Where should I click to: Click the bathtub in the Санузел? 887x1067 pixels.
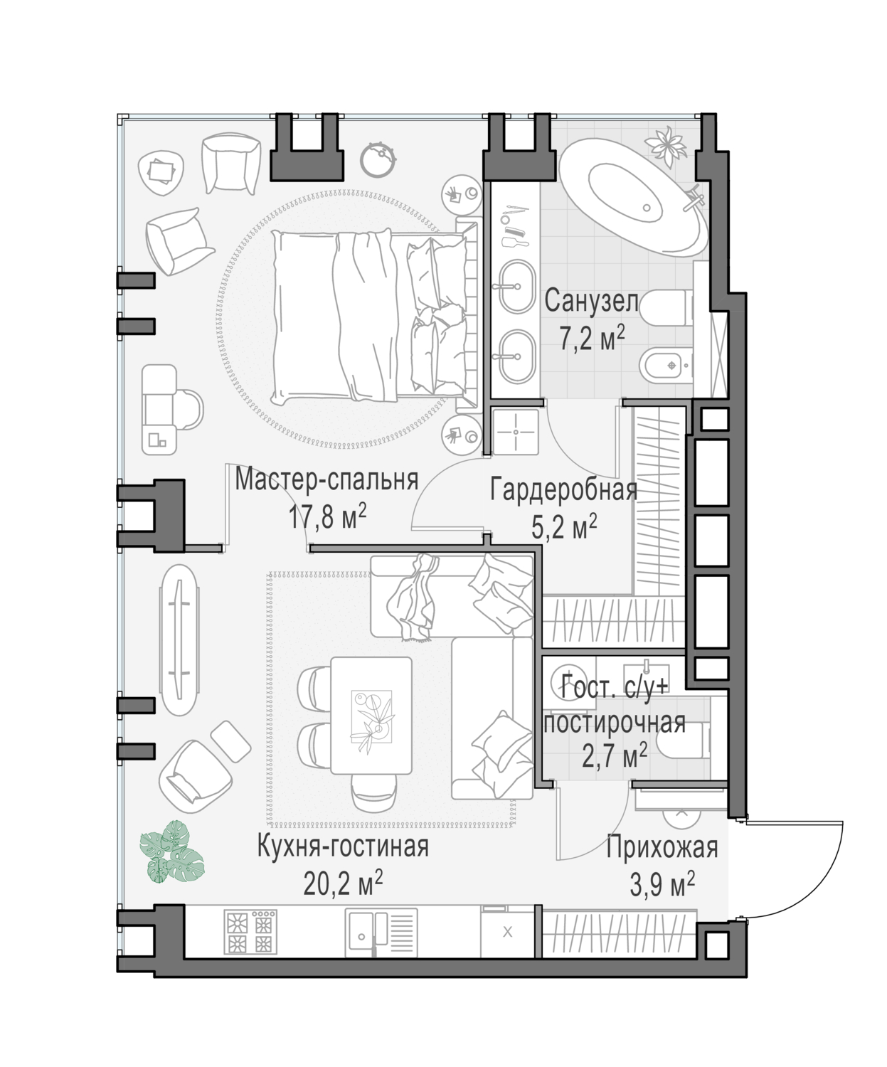[634, 202]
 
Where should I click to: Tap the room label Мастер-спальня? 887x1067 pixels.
[326, 480]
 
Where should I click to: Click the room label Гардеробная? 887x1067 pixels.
[563, 489]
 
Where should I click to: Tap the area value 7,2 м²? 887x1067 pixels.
[593, 339]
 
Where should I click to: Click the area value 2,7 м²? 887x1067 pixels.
[615, 755]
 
